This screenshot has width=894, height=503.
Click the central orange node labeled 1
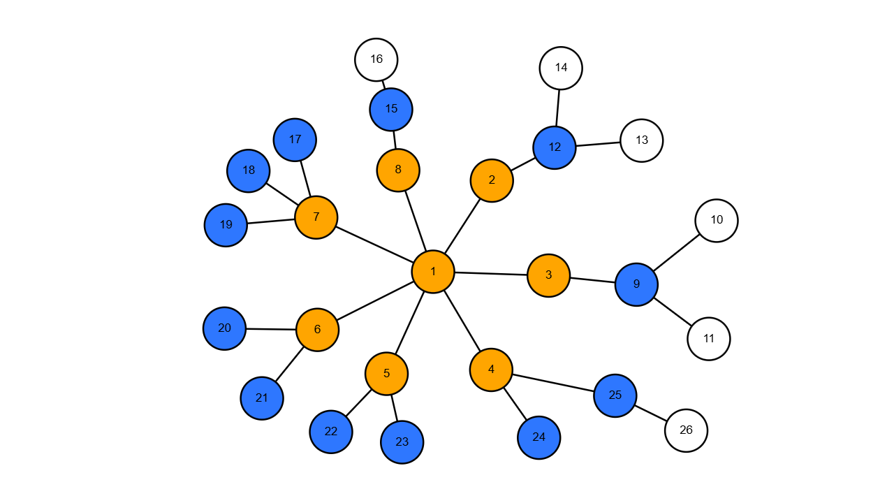[x=433, y=272]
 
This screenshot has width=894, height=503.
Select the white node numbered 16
[x=376, y=59]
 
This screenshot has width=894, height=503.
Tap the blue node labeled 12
[x=555, y=147]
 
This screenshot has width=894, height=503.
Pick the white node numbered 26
[x=686, y=430]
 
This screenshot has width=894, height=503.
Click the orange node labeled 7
[x=316, y=217]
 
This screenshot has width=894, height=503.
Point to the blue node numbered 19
[x=226, y=225]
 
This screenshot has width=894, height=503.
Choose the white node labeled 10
[x=717, y=221]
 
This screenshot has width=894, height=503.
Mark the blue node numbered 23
[x=402, y=442]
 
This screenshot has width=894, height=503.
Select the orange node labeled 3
[x=548, y=275]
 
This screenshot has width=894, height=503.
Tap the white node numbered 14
[x=561, y=68]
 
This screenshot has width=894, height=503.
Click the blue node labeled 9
[x=636, y=284]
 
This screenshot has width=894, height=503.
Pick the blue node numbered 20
[x=224, y=328]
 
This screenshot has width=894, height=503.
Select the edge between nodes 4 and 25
[x=553, y=383]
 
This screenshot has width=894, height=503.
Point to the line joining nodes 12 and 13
[x=598, y=144]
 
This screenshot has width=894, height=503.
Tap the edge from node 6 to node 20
[x=271, y=329]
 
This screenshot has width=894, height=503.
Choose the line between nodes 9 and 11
[x=673, y=312]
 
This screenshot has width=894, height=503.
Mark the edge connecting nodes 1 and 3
[x=490, y=274]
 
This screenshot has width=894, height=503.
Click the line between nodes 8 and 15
[x=395, y=140]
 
